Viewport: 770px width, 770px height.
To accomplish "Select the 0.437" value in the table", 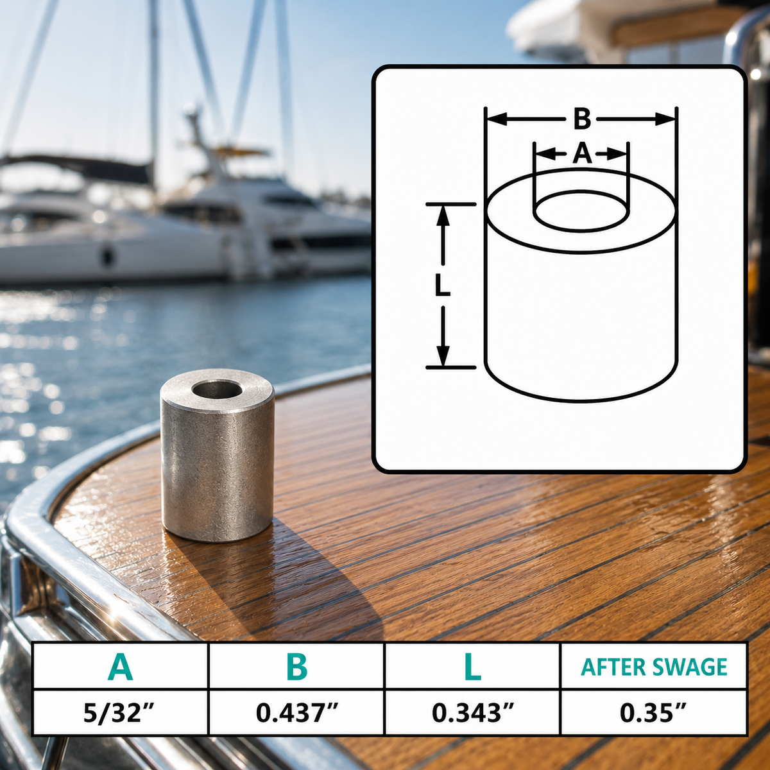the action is coord(297,713).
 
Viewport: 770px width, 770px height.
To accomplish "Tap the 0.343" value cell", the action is coord(472,713).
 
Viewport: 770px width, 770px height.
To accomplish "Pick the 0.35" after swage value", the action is coord(653,713).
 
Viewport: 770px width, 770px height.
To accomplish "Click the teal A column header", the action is coord(120,667).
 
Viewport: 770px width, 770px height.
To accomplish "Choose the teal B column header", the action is coord(297,667).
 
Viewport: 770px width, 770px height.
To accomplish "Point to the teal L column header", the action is coord(473,667).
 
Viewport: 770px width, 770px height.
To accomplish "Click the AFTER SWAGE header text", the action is coord(654,667).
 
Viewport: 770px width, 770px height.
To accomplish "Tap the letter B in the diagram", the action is coord(582,119).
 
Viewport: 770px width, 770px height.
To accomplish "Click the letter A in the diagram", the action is coord(582,154).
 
